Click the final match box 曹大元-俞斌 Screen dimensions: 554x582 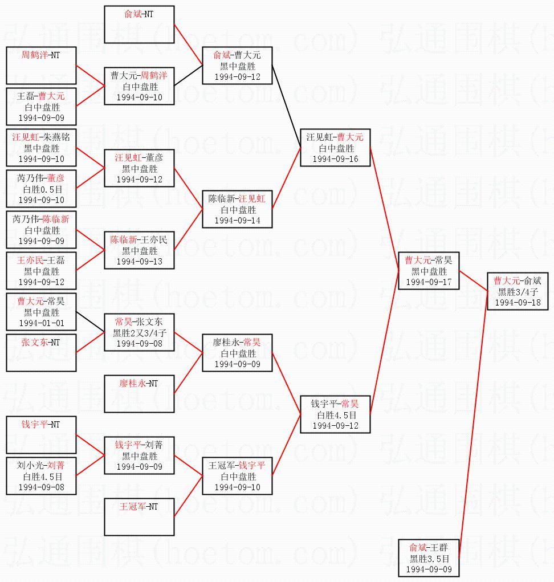coord(518,291)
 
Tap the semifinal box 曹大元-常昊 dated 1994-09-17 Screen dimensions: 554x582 coord(429,271)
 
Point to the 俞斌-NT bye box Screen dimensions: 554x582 coord(139,25)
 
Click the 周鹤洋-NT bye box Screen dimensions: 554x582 coord(41,66)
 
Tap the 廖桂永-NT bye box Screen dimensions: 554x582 coord(139,394)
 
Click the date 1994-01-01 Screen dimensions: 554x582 coord(41,323)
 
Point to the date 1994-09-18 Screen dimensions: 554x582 coord(518,302)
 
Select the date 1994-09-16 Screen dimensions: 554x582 coord(336,159)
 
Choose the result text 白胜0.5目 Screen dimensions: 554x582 coord(41,189)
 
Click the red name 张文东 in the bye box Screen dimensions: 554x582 coord(34,342)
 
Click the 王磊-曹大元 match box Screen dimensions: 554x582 coord(41,107)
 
